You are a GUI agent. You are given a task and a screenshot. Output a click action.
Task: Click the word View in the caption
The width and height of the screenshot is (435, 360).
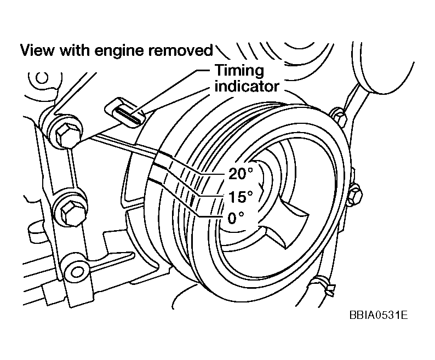tap(37, 51)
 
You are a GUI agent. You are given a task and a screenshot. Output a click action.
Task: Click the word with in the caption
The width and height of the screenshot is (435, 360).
tap(71, 51)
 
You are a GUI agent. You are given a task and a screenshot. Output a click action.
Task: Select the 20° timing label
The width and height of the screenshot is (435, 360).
tap(240, 174)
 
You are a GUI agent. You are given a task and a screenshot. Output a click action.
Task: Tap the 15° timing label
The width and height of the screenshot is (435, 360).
tap(240, 196)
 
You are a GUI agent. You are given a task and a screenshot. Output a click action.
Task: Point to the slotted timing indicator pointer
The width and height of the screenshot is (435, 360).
tap(127, 113)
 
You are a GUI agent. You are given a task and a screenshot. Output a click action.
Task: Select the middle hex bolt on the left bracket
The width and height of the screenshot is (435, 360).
tap(70, 208)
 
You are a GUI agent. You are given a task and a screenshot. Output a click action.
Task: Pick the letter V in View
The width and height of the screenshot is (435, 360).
tap(25, 51)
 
